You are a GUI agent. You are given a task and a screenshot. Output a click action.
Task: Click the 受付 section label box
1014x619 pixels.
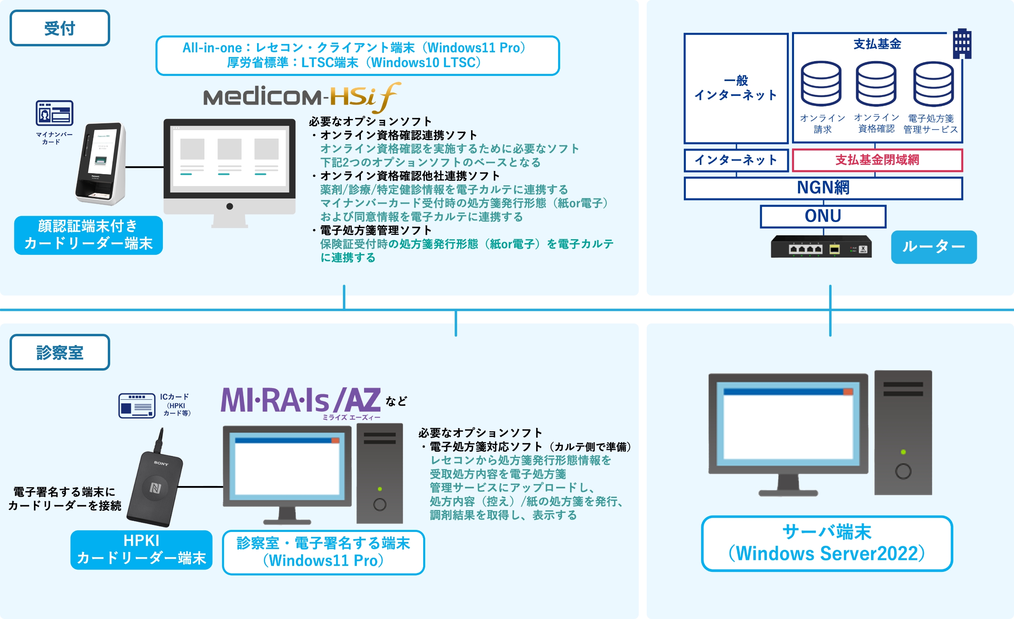[x=59, y=28]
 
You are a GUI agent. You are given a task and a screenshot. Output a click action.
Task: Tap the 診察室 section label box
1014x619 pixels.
[x=59, y=352]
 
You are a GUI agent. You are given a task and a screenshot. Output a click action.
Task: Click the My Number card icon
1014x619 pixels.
[x=54, y=113]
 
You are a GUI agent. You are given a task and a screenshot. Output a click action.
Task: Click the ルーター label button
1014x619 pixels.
[x=933, y=247]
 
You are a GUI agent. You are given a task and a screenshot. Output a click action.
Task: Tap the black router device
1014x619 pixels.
[x=821, y=247]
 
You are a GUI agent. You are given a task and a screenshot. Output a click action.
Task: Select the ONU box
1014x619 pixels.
[x=823, y=216]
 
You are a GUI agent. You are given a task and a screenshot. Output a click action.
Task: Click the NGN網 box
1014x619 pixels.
[x=823, y=188]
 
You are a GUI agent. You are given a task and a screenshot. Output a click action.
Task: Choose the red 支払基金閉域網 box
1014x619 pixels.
[x=877, y=160]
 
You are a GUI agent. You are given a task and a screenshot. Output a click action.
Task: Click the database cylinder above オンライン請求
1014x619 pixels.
[x=821, y=84]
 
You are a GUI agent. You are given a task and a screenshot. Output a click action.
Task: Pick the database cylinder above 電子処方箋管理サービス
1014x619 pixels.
[x=933, y=84]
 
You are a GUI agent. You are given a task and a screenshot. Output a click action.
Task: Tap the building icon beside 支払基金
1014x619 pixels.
[x=962, y=44]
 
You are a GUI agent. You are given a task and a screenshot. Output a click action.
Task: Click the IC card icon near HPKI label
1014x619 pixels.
[x=137, y=406]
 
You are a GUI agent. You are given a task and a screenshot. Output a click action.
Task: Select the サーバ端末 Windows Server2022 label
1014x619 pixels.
[x=827, y=543]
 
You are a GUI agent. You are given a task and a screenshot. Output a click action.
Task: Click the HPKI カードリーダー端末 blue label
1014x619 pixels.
[x=141, y=550]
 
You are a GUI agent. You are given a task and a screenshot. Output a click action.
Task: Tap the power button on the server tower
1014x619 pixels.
[x=903, y=471]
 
